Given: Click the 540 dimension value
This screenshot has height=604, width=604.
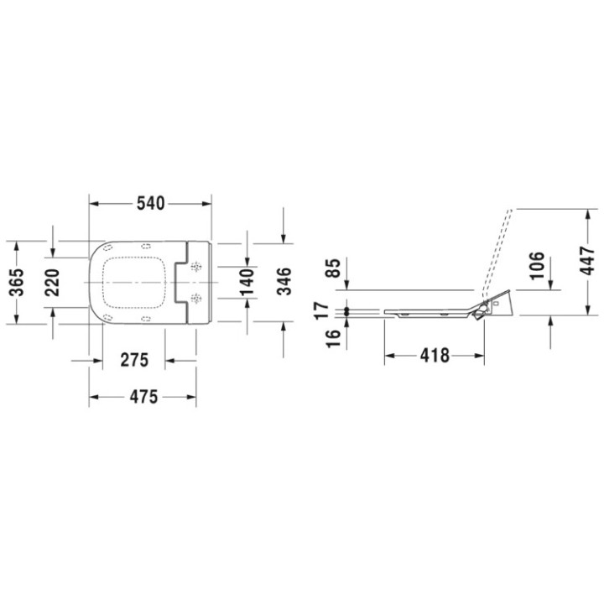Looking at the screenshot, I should click(x=149, y=204).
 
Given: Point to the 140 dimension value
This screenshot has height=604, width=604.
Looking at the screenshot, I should click(x=247, y=281).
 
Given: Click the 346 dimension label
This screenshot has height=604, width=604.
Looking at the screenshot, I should click(x=284, y=281).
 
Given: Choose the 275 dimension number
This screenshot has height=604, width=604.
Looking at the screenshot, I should click(x=133, y=361).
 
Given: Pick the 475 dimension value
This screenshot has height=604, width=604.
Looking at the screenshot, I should click(x=143, y=397).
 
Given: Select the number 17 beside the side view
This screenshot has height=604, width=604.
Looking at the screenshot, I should click(x=334, y=309).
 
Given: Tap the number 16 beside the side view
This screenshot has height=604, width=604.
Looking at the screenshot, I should click(x=334, y=337).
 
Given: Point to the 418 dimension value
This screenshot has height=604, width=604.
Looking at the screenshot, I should click(x=434, y=356).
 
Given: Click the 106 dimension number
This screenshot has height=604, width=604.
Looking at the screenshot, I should click(x=537, y=265).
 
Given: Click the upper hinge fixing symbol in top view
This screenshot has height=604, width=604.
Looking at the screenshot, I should click(x=197, y=268).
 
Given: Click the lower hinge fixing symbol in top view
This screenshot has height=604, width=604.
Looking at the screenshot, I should click(x=197, y=298).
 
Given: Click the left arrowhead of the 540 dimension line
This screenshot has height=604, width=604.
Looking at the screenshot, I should click(x=93, y=204).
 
